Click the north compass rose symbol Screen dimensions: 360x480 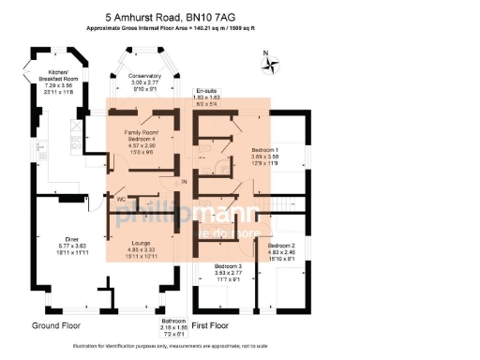(x=273, y=64)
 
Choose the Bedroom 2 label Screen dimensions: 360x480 (x=282, y=245)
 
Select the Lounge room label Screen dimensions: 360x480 (x=141, y=243)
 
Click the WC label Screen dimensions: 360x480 (x=121, y=200)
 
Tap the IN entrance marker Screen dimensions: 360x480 (x=185, y=180)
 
